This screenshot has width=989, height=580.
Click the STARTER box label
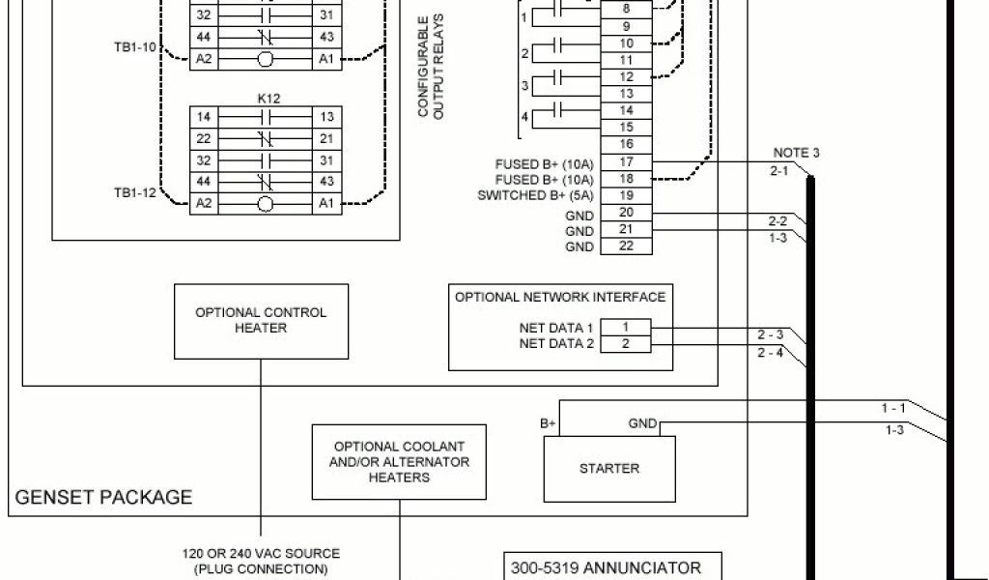(x=608, y=468)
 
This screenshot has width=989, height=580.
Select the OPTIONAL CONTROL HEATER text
(x=261, y=320)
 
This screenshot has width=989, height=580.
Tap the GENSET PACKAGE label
(x=103, y=498)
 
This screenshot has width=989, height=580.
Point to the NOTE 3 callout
(x=797, y=153)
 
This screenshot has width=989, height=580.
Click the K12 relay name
(x=268, y=99)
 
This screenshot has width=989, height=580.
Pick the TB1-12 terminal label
(x=134, y=192)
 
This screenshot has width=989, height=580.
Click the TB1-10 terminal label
(x=134, y=46)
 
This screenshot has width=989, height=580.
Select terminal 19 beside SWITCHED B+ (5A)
(x=625, y=196)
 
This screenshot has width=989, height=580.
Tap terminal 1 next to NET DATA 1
(x=625, y=328)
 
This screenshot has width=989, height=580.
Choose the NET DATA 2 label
(x=556, y=343)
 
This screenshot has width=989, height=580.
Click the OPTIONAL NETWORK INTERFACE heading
(x=560, y=297)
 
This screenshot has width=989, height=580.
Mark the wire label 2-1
(x=779, y=170)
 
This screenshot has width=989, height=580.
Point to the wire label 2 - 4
(x=770, y=352)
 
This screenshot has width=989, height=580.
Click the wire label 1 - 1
(x=893, y=408)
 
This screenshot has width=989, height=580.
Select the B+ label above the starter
(x=548, y=423)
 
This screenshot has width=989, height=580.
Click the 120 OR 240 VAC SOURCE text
(x=261, y=554)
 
